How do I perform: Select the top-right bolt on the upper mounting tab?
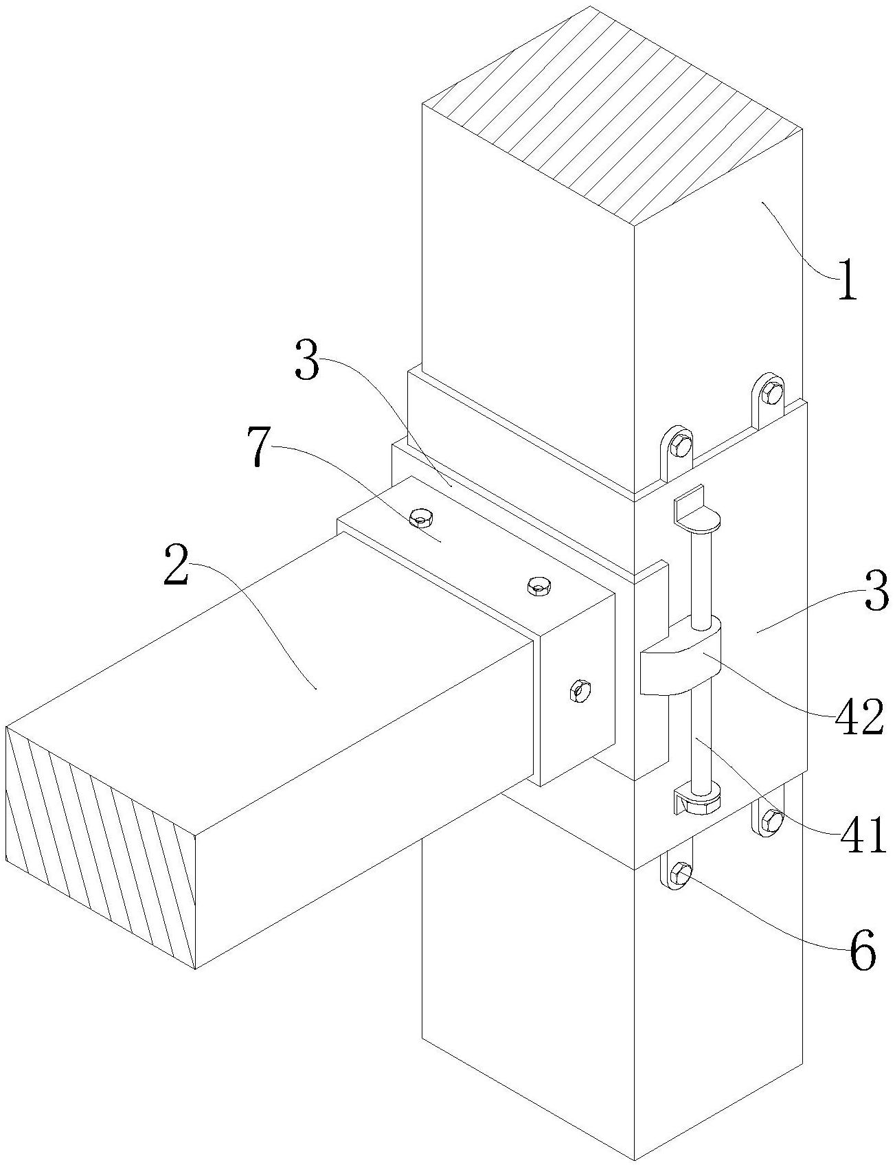[772, 394]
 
